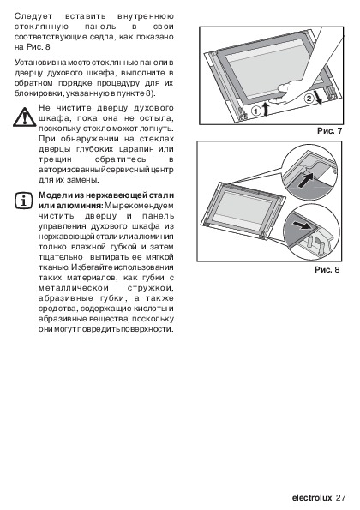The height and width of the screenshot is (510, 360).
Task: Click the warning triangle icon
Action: [x=24, y=117]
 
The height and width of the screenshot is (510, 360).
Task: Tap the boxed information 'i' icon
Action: [x=23, y=201]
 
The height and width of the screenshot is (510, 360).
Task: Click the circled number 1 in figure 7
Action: [x=256, y=111]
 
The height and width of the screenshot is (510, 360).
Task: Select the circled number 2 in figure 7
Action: [x=309, y=98]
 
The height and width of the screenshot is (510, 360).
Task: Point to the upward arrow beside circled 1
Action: [x=267, y=109]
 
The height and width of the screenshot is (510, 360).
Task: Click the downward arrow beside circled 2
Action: [x=318, y=99]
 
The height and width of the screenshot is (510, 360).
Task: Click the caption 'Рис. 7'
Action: [x=330, y=131]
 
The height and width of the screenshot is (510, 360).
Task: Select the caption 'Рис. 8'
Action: [x=327, y=269]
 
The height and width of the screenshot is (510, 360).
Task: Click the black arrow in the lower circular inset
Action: [x=302, y=225]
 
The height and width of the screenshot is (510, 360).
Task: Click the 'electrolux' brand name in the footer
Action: [x=312, y=498]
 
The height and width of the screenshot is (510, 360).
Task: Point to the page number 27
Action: [x=340, y=498]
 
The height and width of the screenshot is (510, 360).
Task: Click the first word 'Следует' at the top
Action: [x=33, y=16]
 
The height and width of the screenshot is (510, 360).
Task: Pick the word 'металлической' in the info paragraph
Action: [x=73, y=288]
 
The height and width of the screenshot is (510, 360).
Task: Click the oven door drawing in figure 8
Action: [x=243, y=211]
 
